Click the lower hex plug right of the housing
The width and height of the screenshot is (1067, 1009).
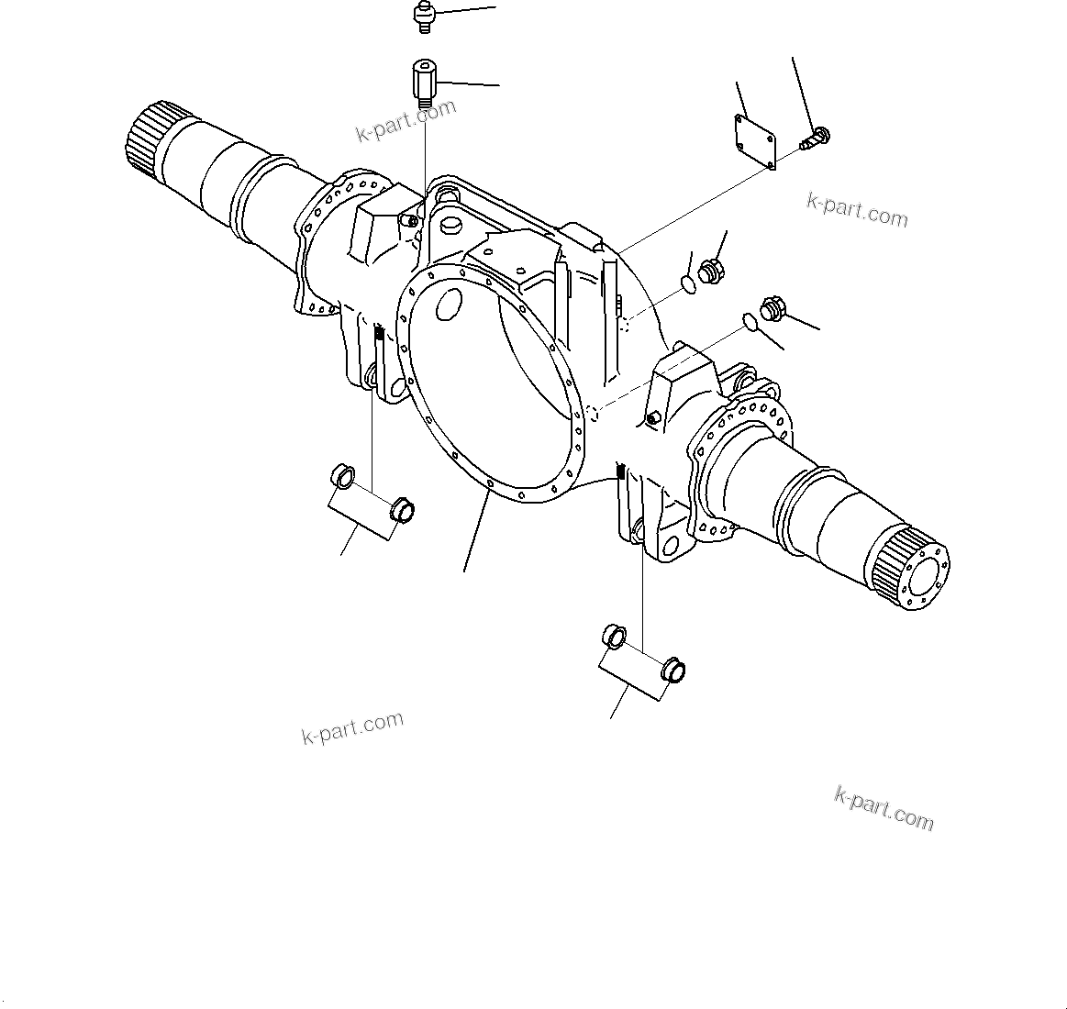pos(770,308)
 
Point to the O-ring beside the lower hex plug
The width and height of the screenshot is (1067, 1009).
pos(749,322)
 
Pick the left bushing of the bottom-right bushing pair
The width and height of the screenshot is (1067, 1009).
pos(613,635)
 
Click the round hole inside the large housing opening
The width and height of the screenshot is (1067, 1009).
pos(449,304)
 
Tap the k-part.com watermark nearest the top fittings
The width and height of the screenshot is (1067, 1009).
pos(406,121)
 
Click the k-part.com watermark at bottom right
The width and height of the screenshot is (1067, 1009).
pos(884,808)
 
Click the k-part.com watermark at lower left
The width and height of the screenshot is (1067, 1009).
pos(352,726)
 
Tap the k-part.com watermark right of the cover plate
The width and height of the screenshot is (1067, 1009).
pos(857,210)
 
